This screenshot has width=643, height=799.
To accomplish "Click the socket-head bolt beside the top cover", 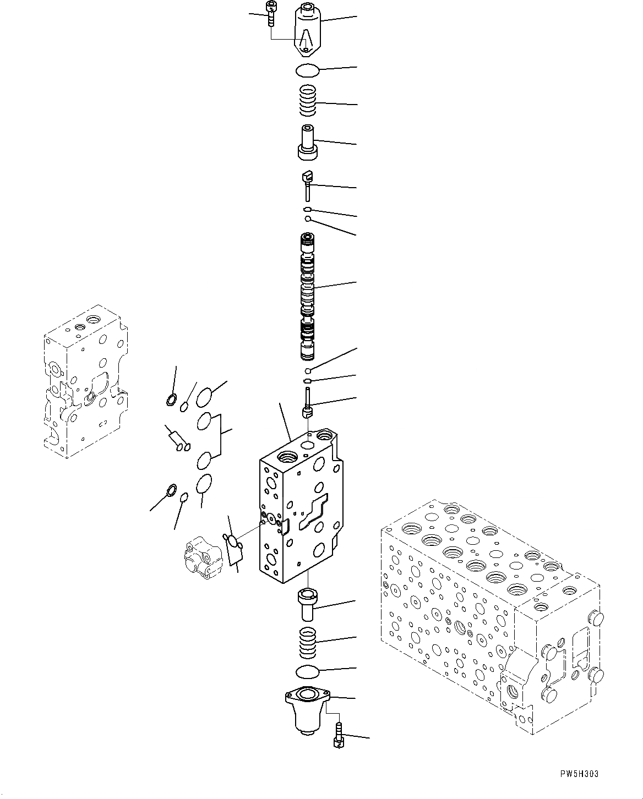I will point(270,13).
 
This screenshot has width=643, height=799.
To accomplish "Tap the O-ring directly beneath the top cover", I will point(307,70).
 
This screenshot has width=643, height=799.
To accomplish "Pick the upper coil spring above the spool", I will point(309,101).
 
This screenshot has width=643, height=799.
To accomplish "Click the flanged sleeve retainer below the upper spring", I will point(308,143).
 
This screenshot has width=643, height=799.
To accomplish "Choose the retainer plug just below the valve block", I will point(307,604).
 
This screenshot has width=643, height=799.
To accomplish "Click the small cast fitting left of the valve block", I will point(202,559).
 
